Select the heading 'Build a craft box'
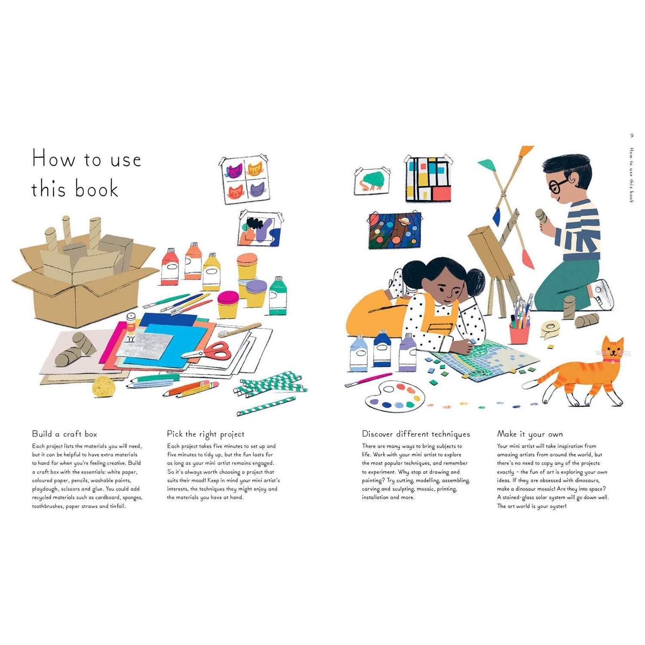click(64, 434)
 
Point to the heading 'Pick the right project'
click(206, 434)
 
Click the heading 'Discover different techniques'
click(416, 434)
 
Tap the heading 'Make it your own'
click(530, 434)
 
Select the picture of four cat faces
click(243, 180)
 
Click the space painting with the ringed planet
click(394, 230)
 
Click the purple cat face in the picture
click(257, 190)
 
